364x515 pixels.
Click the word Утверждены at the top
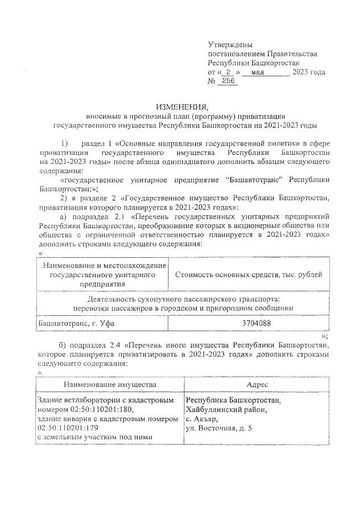(x=230, y=44)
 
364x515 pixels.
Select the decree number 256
(x=228, y=82)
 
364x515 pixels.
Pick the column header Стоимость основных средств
(x=249, y=275)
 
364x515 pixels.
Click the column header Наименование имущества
(x=110, y=384)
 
